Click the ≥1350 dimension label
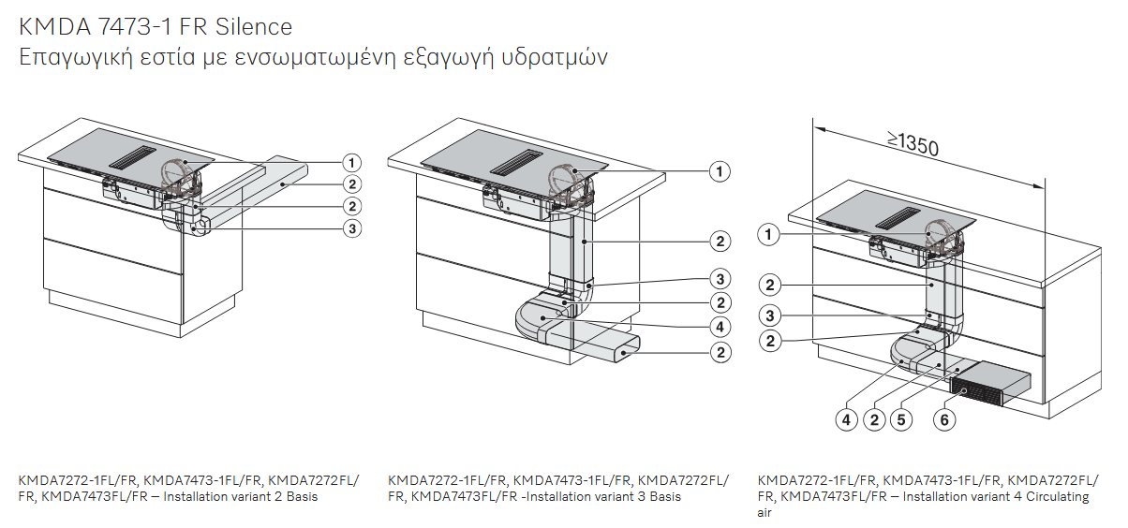[913, 144]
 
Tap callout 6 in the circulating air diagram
[944, 419]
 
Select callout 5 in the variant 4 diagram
[901, 419]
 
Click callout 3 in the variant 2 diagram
[352, 228]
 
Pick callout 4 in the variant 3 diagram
[720, 327]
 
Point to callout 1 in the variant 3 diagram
[720, 171]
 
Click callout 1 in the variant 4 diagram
[768, 235]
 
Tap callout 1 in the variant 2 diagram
[352, 163]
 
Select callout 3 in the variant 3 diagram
[720, 279]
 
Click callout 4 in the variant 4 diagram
[847, 419]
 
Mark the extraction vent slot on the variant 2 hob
[132, 157]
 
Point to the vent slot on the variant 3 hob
[516, 162]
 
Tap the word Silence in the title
[254, 26]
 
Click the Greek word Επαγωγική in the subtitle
[76, 58]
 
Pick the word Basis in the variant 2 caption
[302, 496]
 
